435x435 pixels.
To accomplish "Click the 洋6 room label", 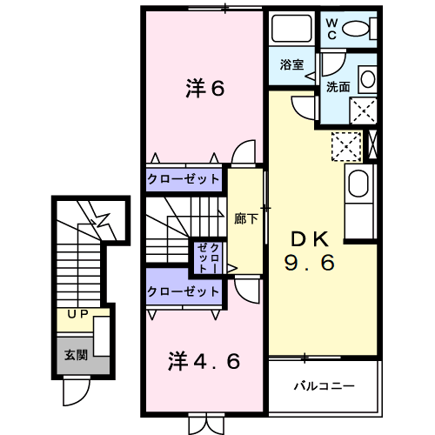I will (x=205, y=88).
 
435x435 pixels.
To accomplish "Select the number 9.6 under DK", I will (x=309, y=263).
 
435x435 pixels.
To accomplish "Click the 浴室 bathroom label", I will (x=291, y=65).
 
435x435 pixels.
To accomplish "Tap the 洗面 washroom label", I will (x=338, y=87).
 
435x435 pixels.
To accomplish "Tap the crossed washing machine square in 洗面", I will (x=363, y=109).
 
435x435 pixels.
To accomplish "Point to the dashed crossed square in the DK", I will (x=346, y=146).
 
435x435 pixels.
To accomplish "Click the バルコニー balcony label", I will (x=322, y=384).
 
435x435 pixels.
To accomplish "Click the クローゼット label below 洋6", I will (x=184, y=178).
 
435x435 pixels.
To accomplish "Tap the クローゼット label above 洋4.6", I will (x=184, y=291).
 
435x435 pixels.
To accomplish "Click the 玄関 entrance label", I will (x=75, y=354).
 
